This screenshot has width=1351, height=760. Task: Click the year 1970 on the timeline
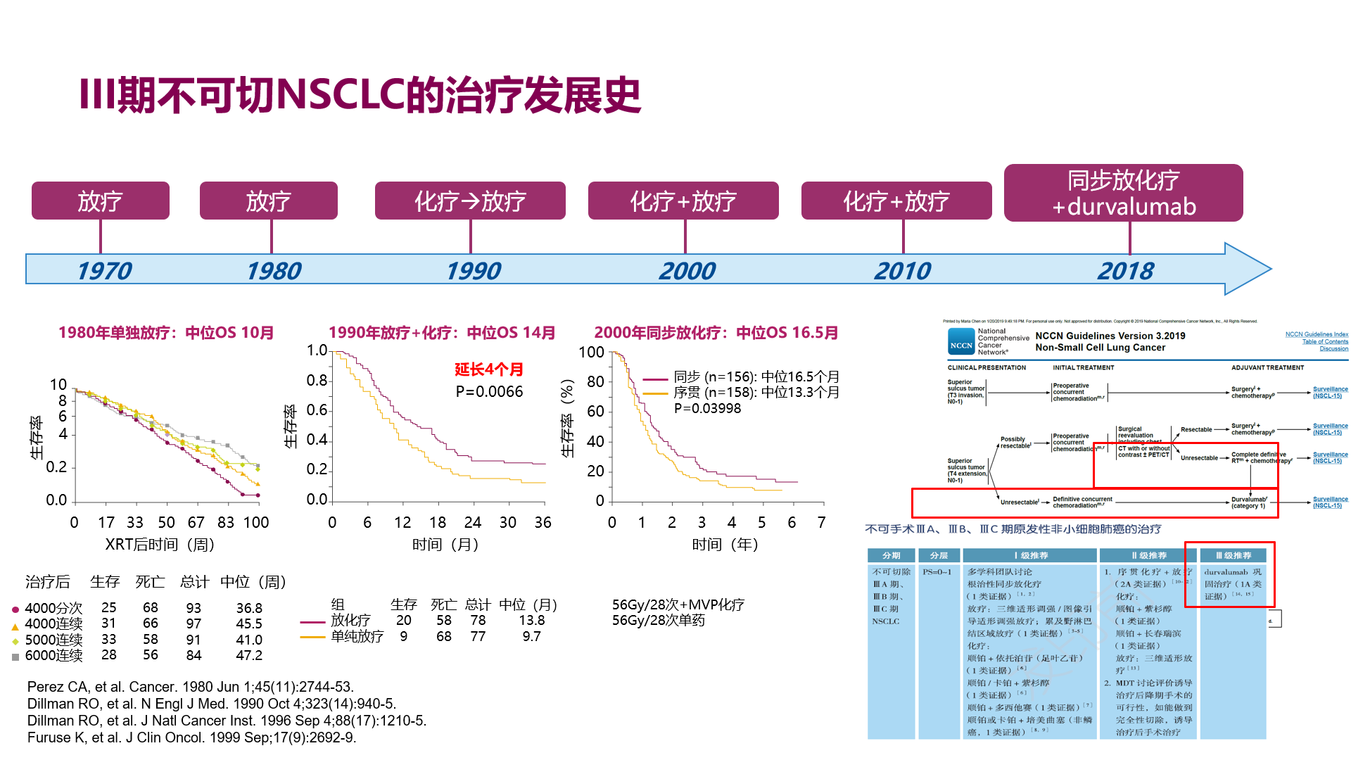point(104,271)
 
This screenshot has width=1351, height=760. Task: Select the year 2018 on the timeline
point(1125,271)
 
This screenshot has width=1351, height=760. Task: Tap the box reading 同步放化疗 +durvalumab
point(1123,193)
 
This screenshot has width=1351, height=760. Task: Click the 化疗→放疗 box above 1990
point(469,201)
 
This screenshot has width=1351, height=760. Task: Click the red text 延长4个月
point(488,369)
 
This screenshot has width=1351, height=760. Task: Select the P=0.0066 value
point(489,392)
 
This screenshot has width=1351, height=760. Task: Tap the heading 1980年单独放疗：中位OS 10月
point(166,333)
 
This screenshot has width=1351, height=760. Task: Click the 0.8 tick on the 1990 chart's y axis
point(317,381)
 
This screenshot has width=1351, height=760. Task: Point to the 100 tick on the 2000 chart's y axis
point(591,352)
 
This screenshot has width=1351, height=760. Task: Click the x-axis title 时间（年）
point(725,545)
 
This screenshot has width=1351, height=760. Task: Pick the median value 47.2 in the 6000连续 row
point(249,656)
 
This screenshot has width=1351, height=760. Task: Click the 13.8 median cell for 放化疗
point(531,621)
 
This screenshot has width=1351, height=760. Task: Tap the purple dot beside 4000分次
point(15,609)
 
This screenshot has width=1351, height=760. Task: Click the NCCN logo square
point(961,342)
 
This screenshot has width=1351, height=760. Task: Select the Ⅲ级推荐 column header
point(1233,556)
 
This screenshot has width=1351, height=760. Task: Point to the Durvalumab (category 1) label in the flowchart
point(1249,502)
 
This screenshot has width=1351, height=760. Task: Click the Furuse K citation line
point(191,737)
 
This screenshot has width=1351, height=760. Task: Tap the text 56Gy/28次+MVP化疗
point(678,605)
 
